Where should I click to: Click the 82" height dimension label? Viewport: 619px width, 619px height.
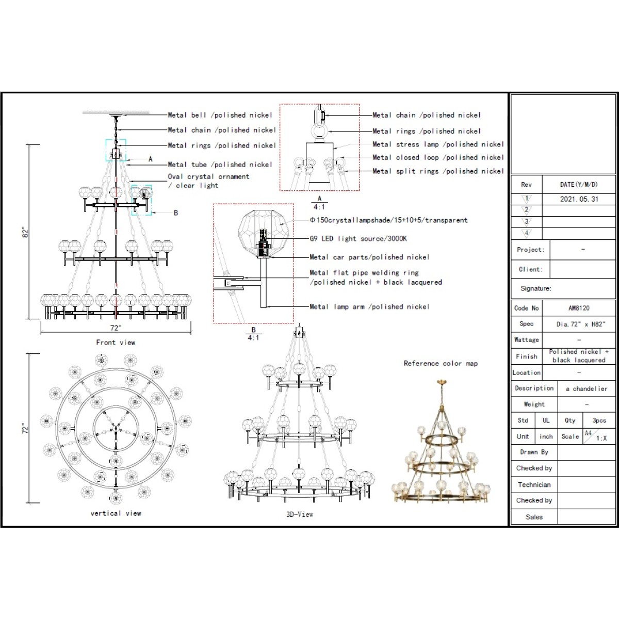(x=25, y=232)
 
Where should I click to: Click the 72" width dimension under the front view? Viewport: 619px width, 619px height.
(x=116, y=328)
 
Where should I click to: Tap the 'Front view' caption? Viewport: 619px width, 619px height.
(x=116, y=343)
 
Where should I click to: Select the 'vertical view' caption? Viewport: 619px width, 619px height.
(x=116, y=513)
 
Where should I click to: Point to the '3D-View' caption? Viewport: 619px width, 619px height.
(x=299, y=514)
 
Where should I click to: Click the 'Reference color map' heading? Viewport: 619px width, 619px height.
(x=441, y=363)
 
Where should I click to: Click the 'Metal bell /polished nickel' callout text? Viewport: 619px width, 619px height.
(x=220, y=115)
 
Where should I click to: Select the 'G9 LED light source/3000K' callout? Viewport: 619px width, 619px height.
(x=358, y=238)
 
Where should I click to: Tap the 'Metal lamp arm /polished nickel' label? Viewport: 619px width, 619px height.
(x=369, y=306)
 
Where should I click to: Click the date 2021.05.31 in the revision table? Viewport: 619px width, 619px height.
(x=579, y=199)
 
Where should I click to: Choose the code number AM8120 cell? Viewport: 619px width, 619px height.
(x=579, y=308)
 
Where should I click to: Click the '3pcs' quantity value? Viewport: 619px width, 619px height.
(x=599, y=420)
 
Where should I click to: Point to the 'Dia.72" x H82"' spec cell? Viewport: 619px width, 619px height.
(x=581, y=324)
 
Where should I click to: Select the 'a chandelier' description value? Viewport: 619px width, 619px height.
(x=587, y=389)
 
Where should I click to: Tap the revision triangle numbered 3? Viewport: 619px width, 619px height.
(x=526, y=222)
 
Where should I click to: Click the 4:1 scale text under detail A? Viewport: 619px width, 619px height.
(x=319, y=207)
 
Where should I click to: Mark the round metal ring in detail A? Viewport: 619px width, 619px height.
(x=319, y=131)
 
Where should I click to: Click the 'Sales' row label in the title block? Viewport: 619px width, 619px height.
(x=534, y=517)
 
